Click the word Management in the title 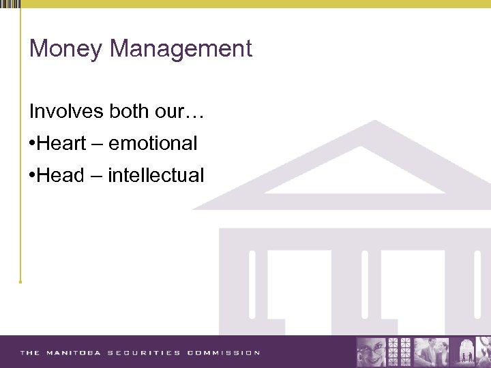coord(181,49)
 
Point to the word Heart coord(61,144)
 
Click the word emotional coord(153,144)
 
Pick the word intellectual coord(155,176)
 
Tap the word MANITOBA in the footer coord(74,353)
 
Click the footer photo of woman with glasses coord(371,352)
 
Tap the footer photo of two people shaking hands coord(432,352)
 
